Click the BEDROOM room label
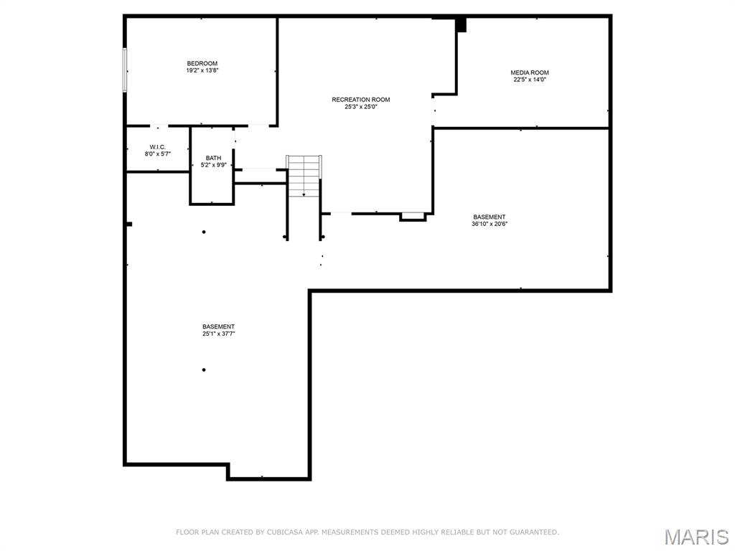(x=202, y=64)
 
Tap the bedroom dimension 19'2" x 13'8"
(x=202, y=71)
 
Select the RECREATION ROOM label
(x=360, y=100)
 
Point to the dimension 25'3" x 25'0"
(x=360, y=107)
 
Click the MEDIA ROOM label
(x=530, y=72)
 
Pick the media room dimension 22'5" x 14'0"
(x=530, y=80)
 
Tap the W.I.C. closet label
(x=158, y=146)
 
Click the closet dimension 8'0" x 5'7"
(x=158, y=154)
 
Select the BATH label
(x=213, y=158)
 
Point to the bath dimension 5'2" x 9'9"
(x=213, y=165)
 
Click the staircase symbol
(x=304, y=176)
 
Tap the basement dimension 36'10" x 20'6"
(x=489, y=224)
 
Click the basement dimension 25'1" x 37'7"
(x=218, y=334)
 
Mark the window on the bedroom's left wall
(x=125, y=70)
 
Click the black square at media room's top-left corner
(x=462, y=25)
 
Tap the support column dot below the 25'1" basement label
(x=204, y=370)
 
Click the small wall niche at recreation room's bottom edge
(x=413, y=216)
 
